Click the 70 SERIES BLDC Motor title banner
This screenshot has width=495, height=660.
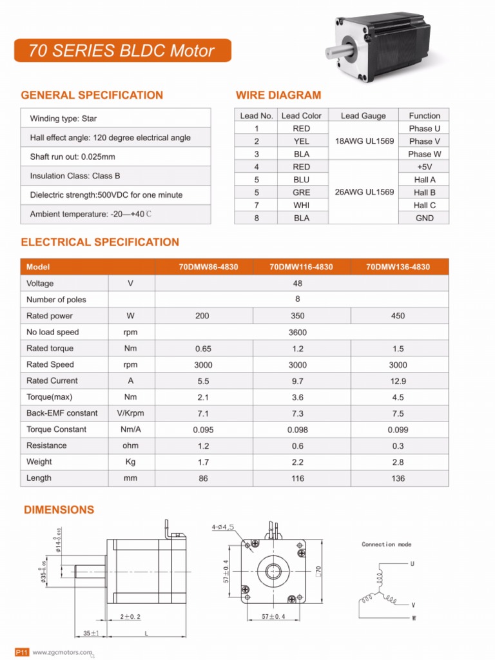[122, 51]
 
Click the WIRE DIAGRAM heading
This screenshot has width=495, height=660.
[278, 95]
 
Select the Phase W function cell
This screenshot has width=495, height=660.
[424, 154]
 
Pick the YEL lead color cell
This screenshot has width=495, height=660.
[301, 141]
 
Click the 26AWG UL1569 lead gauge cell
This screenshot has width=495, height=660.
[364, 192]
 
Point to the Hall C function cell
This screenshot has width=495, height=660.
[424, 205]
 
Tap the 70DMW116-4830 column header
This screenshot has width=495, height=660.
[301, 267]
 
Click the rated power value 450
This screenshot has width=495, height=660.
[398, 316]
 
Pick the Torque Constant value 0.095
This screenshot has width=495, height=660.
[203, 430]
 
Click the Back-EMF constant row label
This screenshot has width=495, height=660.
[62, 413]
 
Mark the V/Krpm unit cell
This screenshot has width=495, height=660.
[131, 413]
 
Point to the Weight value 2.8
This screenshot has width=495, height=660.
[398, 462]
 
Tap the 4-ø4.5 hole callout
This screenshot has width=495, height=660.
[222, 527]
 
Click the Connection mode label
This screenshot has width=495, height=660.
[386, 545]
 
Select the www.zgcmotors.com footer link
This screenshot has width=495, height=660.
[63, 652]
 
